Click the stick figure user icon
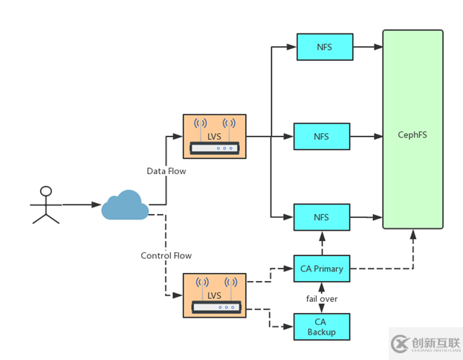pos(45,204)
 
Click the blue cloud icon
pos(125,205)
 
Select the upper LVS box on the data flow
pos(214,136)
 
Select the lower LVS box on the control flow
pos(214,295)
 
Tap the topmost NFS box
pos(324,48)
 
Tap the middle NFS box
pos(321,137)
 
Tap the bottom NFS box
pos(321,217)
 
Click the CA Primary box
pos(321,269)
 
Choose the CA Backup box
pos(321,327)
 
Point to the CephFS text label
pos(412,135)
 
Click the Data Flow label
pos(166,171)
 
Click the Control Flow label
pos(166,256)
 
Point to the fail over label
pos(321,298)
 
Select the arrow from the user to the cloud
pos(80,204)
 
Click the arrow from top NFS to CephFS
pos(367,48)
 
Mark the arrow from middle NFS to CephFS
pos(366,137)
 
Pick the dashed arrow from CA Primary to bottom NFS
pos(321,242)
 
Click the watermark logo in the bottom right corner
pos(424,343)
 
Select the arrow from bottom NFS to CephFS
pos(366,217)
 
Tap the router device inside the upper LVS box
pos(214,148)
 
